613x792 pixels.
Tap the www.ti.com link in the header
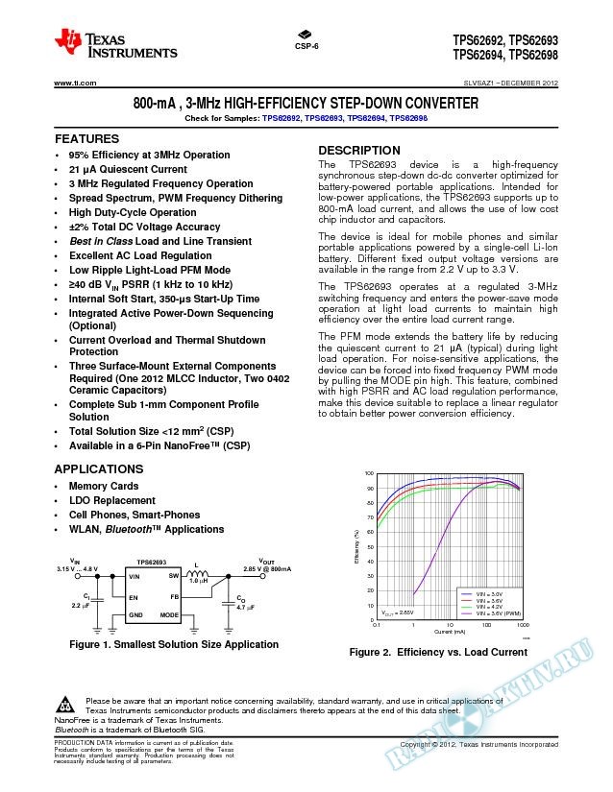72,84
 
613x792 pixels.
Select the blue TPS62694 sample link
371,118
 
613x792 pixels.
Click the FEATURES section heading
86,139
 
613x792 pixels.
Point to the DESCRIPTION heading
359,151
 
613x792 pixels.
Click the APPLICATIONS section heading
99,468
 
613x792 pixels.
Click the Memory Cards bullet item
104,486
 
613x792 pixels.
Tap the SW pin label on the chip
174,575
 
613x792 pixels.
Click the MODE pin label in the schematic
169,613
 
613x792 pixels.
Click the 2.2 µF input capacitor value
81,607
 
